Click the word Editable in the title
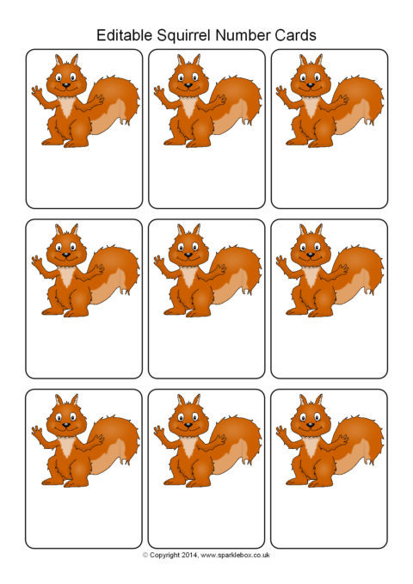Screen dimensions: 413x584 (125, 35)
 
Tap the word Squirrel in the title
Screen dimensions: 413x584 (184, 36)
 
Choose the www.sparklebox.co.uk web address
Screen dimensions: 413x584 (235, 556)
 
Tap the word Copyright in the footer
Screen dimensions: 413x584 (164, 556)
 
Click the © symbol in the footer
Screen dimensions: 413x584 (145, 556)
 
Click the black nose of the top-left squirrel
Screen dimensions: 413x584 (66, 85)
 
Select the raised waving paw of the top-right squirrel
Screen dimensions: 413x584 (281, 91)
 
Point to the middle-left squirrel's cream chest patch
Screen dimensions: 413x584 (67, 275)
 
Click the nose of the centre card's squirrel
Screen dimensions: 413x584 (188, 255)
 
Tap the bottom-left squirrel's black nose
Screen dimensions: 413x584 (66, 425)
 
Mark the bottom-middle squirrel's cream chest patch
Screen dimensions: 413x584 (189, 446)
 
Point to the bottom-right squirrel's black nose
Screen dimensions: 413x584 (311, 425)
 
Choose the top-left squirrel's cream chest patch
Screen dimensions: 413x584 (67, 106)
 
